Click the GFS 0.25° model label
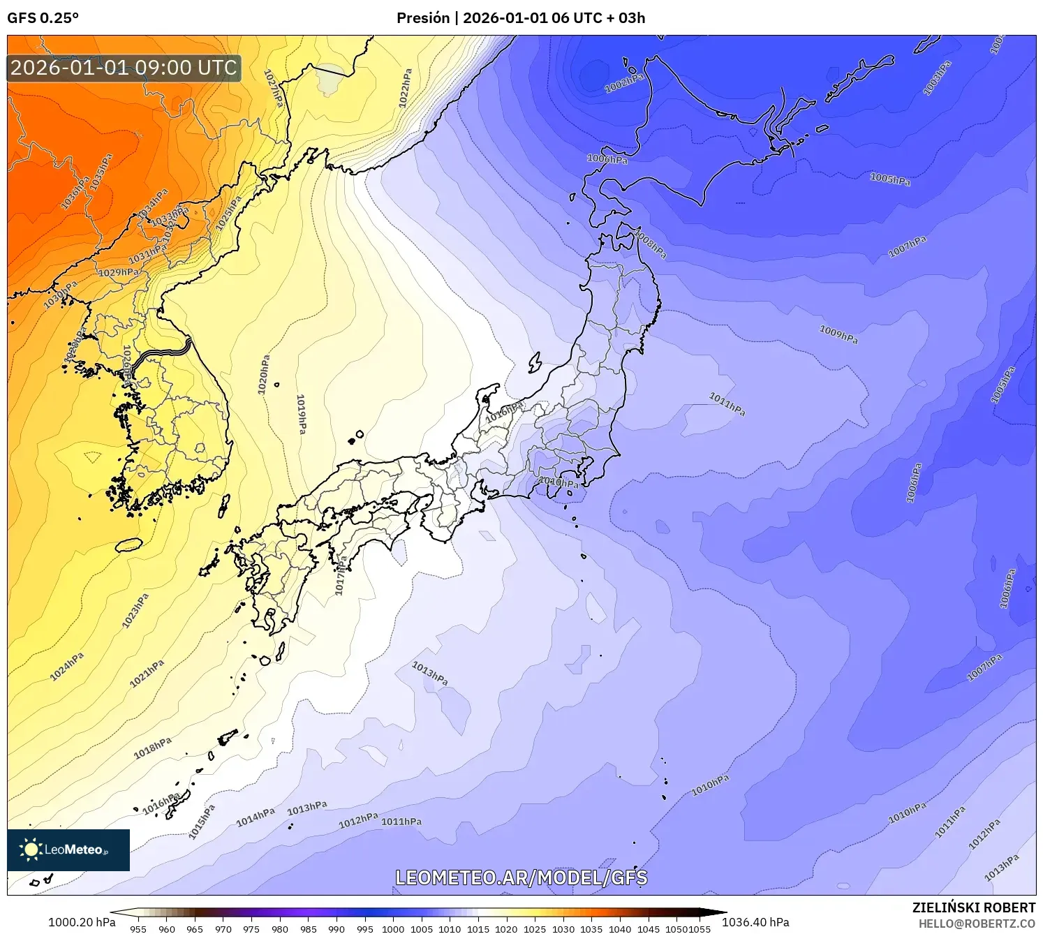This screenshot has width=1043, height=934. (43, 18)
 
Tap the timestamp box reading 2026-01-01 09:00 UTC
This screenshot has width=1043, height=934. (124, 68)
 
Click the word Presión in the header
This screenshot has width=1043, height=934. (423, 18)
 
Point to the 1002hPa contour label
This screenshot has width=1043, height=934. (624, 82)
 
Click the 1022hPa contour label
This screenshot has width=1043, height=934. (405, 88)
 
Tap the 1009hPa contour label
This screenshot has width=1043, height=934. (838, 335)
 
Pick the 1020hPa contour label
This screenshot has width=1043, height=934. (264, 375)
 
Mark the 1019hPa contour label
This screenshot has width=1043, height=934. (302, 414)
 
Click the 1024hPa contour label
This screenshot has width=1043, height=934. (67, 666)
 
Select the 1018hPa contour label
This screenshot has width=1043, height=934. (153, 748)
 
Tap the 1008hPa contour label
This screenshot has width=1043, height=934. (650, 242)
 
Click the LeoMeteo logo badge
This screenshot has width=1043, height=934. (68, 850)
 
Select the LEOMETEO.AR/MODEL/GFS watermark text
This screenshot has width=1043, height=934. (521, 877)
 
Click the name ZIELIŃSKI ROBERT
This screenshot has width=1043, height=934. (974, 907)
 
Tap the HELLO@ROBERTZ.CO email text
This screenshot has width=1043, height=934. (977, 924)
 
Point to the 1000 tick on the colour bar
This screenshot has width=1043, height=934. (393, 928)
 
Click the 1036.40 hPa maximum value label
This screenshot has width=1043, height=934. (755, 922)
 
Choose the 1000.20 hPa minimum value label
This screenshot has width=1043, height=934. (82, 922)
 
